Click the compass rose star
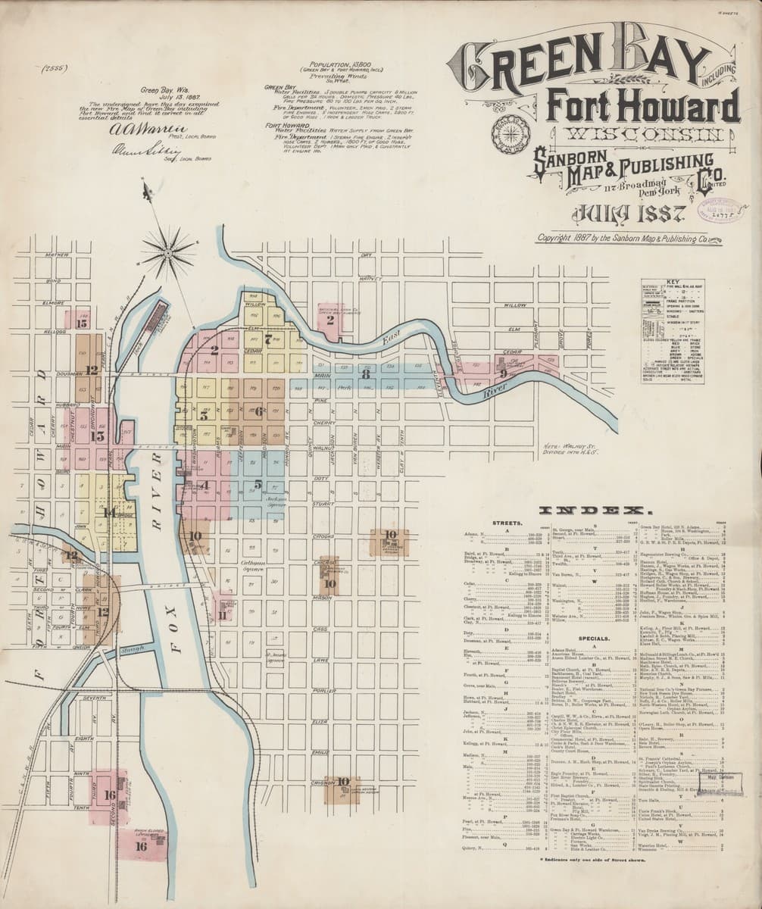(168, 252)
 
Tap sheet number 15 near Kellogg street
(82, 323)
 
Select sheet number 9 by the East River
(503, 373)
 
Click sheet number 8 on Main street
(366, 373)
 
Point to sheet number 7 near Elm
(267, 338)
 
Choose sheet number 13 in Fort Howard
(97, 436)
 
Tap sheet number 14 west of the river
(109, 513)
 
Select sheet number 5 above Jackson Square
(258, 484)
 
